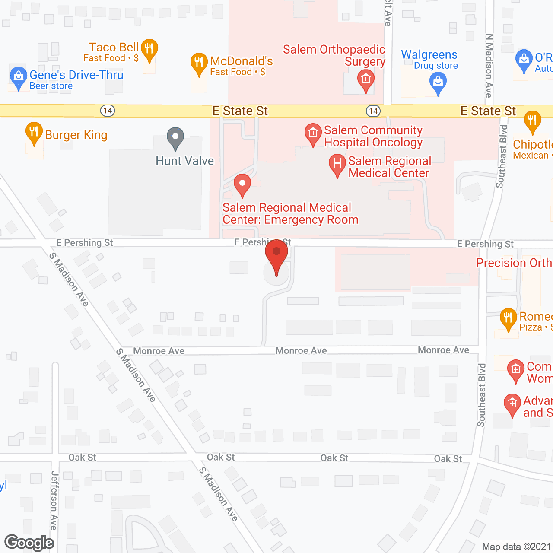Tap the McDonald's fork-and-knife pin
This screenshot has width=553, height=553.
pyautogui.click(x=199, y=63)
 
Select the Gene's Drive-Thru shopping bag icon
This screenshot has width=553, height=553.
pyautogui.click(x=18, y=76)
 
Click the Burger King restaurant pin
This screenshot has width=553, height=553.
pyautogui.click(x=34, y=132)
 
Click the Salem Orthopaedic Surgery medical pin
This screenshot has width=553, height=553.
pyautogui.click(x=365, y=79)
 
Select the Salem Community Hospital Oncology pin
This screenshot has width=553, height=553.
pyautogui.click(x=313, y=133)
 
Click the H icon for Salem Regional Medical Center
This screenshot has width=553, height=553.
pyautogui.click(x=337, y=164)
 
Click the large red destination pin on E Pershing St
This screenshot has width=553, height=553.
pyautogui.click(x=276, y=255)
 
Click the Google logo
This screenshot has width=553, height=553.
pyautogui.click(x=29, y=543)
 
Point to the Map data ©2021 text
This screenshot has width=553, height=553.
pyautogui.click(x=516, y=547)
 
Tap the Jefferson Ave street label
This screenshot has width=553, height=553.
pyautogui.click(x=54, y=500)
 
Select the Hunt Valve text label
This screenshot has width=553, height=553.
pyautogui.click(x=184, y=161)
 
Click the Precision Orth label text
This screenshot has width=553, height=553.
pyautogui.click(x=514, y=263)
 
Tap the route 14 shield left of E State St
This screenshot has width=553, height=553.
pyautogui.click(x=108, y=111)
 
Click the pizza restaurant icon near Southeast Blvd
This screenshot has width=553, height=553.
pyautogui.click(x=508, y=318)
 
